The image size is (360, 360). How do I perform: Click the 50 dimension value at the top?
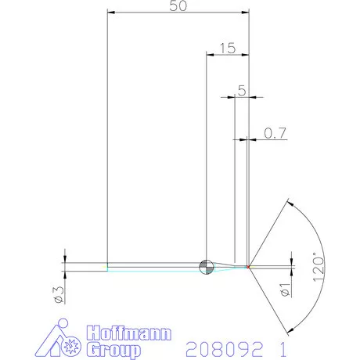pos(178,5)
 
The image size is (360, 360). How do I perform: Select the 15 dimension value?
pos(227,48)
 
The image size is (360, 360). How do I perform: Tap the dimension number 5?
pos(241,90)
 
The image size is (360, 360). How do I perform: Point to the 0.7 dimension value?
pos(274,134)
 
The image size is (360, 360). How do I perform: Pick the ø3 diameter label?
pos(56,293)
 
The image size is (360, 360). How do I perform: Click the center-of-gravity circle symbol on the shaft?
pos(206,266)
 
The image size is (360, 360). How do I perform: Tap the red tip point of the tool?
pos(249,267)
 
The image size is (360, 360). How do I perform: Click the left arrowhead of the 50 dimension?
pos(111,13)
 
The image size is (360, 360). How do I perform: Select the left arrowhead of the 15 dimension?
pos(209,55)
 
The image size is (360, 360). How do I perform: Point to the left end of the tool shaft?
pos(107,266)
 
